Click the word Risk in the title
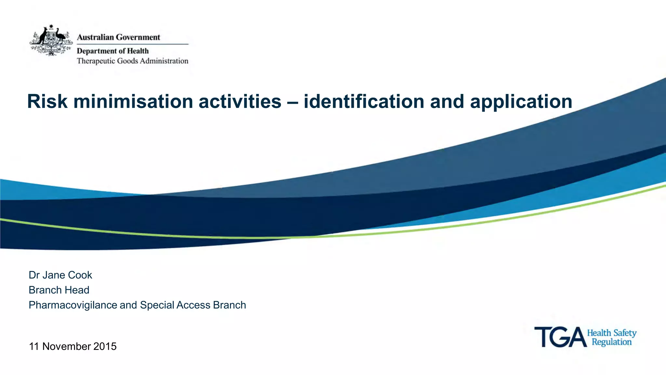[x=47, y=101]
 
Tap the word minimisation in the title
[x=133, y=101]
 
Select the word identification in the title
[x=364, y=101]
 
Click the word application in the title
[x=521, y=102]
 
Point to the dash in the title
[x=292, y=102]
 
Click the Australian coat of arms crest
[x=51, y=40]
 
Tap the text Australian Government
[x=118, y=37]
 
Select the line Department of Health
[x=113, y=51]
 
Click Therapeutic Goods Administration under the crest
[x=132, y=61]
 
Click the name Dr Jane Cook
[x=60, y=275]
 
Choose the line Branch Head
[x=59, y=290]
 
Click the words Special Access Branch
[x=193, y=305]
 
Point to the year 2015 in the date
[x=105, y=346]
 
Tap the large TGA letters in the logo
[x=560, y=337]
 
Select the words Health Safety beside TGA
[x=611, y=333]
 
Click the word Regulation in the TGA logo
[x=611, y=342]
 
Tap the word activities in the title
[x=240, y=101]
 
